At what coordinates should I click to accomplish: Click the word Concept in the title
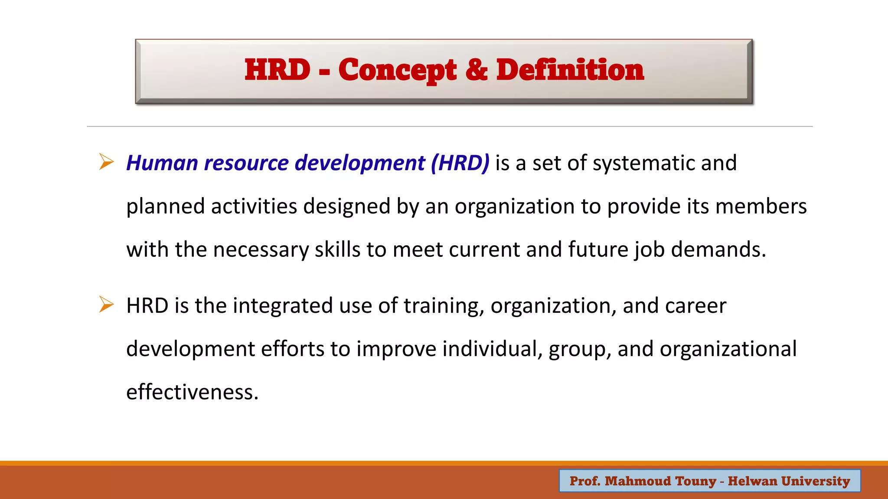tap(397, 71)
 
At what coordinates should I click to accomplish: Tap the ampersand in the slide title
tap(476, 71)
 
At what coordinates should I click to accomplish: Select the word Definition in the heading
tap(570, 71)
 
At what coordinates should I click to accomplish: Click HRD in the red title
tap(277, 71)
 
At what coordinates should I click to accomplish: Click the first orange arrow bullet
tap(106, 162)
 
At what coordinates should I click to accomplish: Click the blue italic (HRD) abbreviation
tap(460, 163)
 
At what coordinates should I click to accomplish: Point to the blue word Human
tap(162, 163)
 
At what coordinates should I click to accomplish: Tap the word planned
tap(165, 207)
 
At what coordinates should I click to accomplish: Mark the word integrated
tap(283, 306)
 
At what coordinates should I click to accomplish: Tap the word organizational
tap(728, 349)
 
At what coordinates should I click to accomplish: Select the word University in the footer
tap(816, 481)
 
